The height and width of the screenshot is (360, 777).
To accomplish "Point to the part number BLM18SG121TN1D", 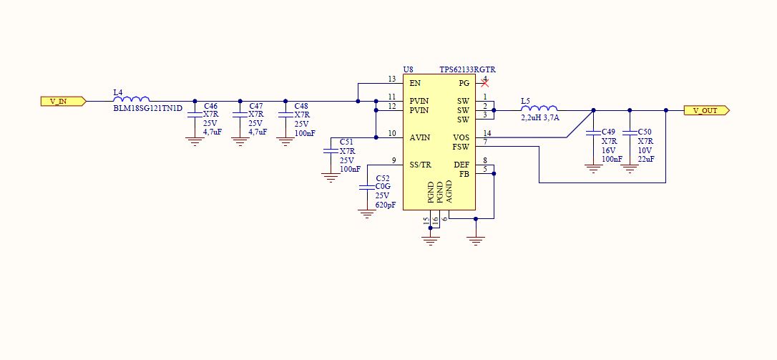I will (148, 109).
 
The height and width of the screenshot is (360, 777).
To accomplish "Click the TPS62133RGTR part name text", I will (468, 69).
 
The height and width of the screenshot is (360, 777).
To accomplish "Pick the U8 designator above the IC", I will (408, 69).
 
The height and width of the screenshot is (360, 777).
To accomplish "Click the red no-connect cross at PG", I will (485, 84).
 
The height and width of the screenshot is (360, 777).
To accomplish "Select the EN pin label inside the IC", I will (415, 84).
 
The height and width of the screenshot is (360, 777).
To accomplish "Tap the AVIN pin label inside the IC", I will (419, 137).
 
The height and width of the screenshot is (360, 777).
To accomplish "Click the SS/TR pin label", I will (421, 165).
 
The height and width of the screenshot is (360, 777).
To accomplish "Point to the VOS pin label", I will (461, 137).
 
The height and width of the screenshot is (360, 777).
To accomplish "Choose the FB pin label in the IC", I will (464, 174).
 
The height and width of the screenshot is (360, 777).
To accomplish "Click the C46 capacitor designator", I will (210, 106).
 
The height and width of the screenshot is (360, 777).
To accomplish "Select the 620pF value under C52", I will (386, 205).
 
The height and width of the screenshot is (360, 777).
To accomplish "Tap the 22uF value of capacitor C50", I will (645, 158).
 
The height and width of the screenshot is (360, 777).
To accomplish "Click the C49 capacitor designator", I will (608, 132).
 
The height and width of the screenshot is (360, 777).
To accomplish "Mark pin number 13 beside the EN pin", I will (391, 79).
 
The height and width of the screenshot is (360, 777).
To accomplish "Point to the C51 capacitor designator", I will (346, 142).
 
